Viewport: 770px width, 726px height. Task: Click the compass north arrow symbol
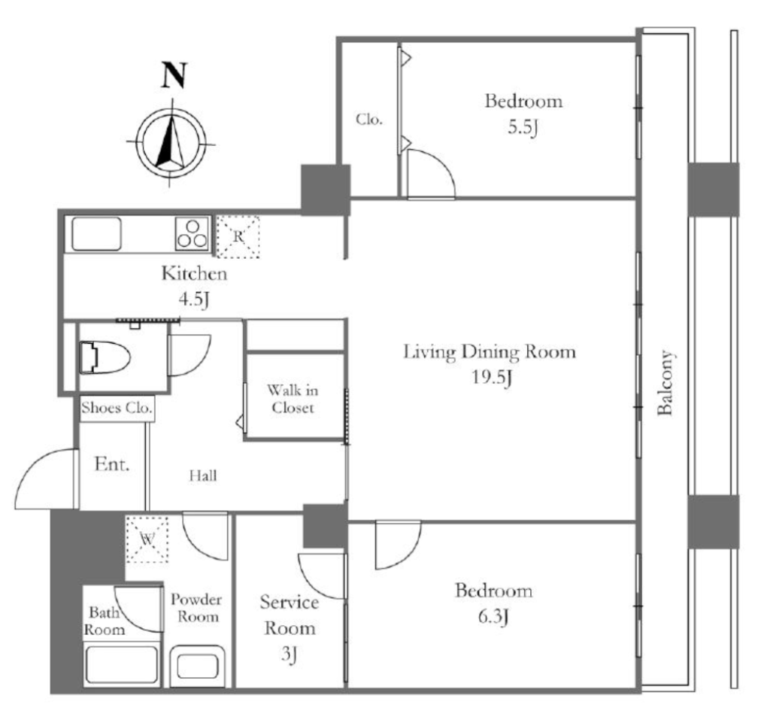click(x=171, y=142)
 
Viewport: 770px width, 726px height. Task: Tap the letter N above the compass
click(x=174, y=75)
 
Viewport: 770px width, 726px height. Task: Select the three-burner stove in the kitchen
click(x=192, y=234)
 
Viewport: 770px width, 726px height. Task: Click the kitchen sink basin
click(x=96, y=234)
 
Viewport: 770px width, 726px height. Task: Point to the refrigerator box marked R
click(x=238, y=236)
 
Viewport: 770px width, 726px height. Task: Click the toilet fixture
click(x=105, y=357)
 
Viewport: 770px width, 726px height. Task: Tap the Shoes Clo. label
click(x=117, y=409)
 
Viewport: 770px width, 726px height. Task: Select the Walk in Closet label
click(x=293, y=399)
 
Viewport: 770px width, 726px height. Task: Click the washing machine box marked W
click(x=147, y=539)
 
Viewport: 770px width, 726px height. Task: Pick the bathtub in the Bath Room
click(x=121, y=664)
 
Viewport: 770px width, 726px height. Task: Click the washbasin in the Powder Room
click(x=198, y=666)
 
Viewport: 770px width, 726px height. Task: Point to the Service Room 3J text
click(x=290, y=628)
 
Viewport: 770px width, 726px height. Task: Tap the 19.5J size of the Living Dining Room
click(x=492, y=378)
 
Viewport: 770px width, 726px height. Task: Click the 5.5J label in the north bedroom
click(x=523, y=128)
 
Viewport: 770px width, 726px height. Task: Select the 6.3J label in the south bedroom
click(x=493, y=617)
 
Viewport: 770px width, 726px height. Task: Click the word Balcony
click(x=665, y=383)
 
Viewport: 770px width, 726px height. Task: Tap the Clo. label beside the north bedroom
click(x=368, y=120)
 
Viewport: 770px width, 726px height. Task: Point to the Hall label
click(x=203, y=475)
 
